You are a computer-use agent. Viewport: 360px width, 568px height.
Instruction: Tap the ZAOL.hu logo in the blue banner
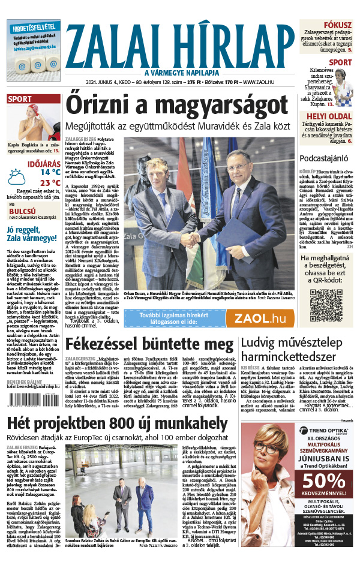coord(259,318)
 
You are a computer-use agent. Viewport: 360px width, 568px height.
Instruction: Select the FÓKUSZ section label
coord(340,25)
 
